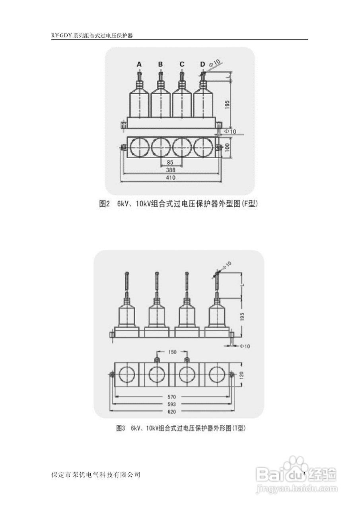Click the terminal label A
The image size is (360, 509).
tap(139, 64)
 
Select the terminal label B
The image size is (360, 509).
tap(160, 64)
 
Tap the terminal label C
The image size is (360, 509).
tap(182, 64)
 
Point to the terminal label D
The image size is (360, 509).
tap(202, 64)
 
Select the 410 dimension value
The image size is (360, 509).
tap(171, 178)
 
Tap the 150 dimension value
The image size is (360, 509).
tap(172, 352)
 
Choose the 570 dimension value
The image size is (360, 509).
tap(172, 397)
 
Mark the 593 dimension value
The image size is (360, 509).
tap(172, 404)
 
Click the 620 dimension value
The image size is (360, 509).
tap(172, 411)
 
